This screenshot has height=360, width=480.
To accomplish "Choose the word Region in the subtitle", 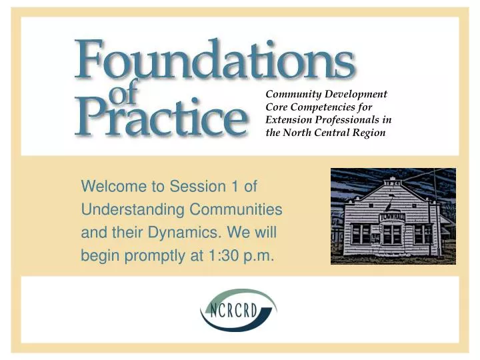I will tap(371, 133).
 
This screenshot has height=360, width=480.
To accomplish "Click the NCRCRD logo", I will tap(238, 310).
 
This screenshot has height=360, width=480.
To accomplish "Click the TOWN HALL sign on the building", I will tap(393, 217).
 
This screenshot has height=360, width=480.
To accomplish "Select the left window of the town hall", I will tap(362, 233).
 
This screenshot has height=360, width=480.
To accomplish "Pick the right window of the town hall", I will tap(423, 234).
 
